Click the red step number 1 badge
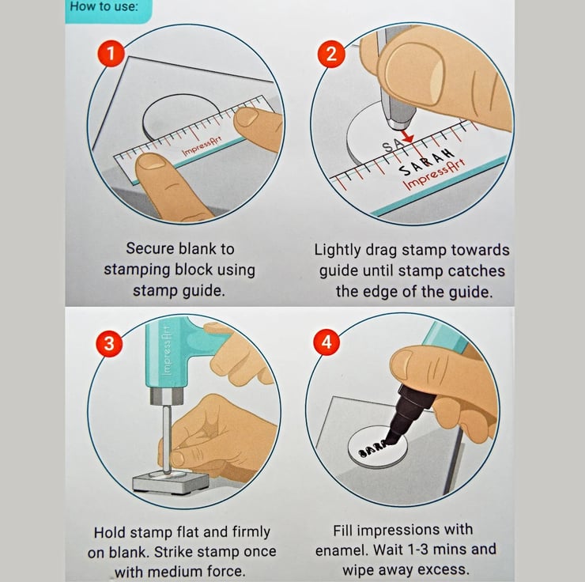tap(111, 54)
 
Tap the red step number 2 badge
tap(331, 54)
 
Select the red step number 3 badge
tap(109, 343)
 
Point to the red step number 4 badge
tap(326, 342)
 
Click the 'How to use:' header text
tap(104, 6)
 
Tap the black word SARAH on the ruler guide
tap(426, 163)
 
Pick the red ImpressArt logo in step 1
tap(202, 146)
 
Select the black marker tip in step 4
tap(393, 437)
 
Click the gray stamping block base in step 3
tap(171, 482)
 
